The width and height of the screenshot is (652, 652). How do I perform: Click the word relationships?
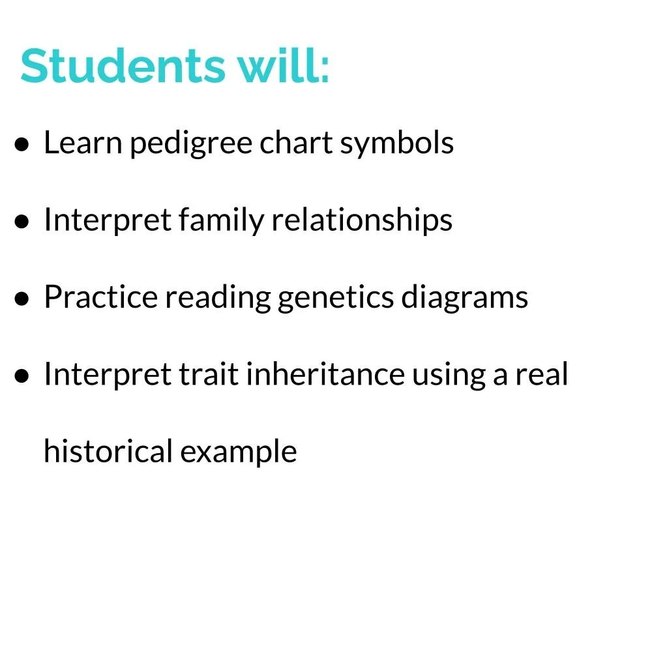[362, 220]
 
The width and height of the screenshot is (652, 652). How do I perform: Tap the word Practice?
[100, 297]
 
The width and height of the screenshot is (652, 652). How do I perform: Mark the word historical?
[107, 451]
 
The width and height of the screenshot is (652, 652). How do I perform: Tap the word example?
[239, 452]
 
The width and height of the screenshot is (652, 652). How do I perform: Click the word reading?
[217, 298]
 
